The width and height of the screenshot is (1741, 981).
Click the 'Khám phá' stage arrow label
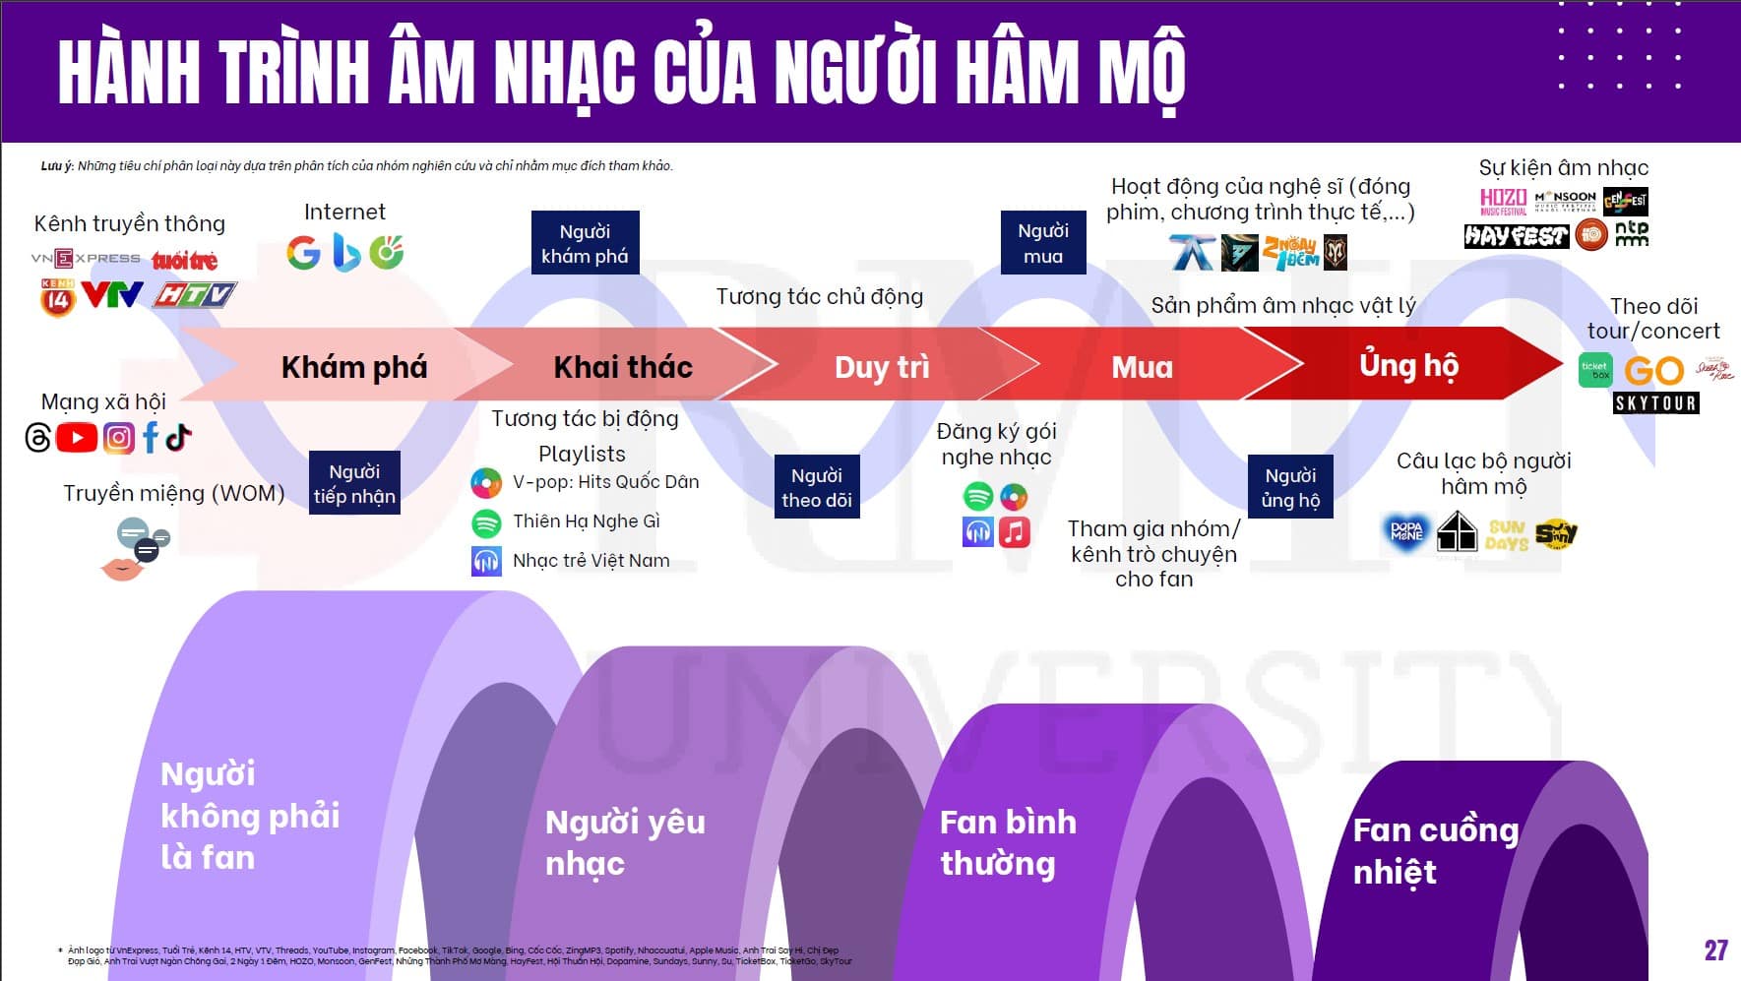point(354,367)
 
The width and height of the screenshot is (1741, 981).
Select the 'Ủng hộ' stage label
point(1408,365)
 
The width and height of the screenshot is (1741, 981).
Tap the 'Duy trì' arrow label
point(882,367)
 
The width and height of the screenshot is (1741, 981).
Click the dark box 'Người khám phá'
point(585,243)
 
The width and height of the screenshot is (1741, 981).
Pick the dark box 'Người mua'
point(1043,243)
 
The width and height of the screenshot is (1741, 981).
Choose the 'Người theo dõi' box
point(816,487)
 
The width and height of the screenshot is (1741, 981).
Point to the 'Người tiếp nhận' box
point(354,483)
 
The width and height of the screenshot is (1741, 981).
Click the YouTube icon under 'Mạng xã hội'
point(77,437)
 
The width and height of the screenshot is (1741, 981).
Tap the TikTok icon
point(178,436)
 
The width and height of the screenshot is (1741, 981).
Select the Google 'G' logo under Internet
point(303,253)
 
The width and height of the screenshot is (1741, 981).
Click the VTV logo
point(111,294)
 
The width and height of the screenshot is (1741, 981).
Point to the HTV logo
point(195,294)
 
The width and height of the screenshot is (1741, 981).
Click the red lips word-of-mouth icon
point(122,568)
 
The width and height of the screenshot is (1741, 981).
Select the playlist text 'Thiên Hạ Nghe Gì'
point(586,521)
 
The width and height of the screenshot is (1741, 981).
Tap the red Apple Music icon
point(1014,532)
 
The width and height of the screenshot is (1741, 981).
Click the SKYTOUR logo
point(1656,402)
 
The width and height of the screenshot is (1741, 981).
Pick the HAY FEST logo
point(1516,236)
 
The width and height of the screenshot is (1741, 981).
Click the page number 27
point(1715,950)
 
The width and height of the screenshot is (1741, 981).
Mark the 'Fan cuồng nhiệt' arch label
point(1435,850)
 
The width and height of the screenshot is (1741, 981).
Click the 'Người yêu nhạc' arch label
point(625,842)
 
